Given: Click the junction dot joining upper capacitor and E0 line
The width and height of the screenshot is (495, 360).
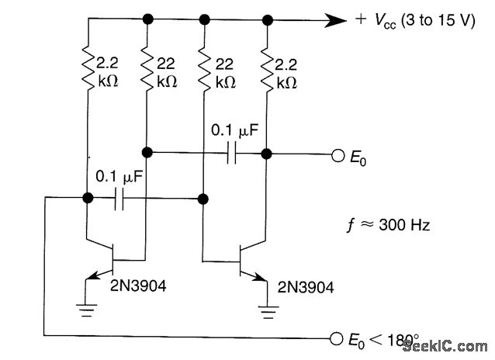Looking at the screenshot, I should point(266,153).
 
